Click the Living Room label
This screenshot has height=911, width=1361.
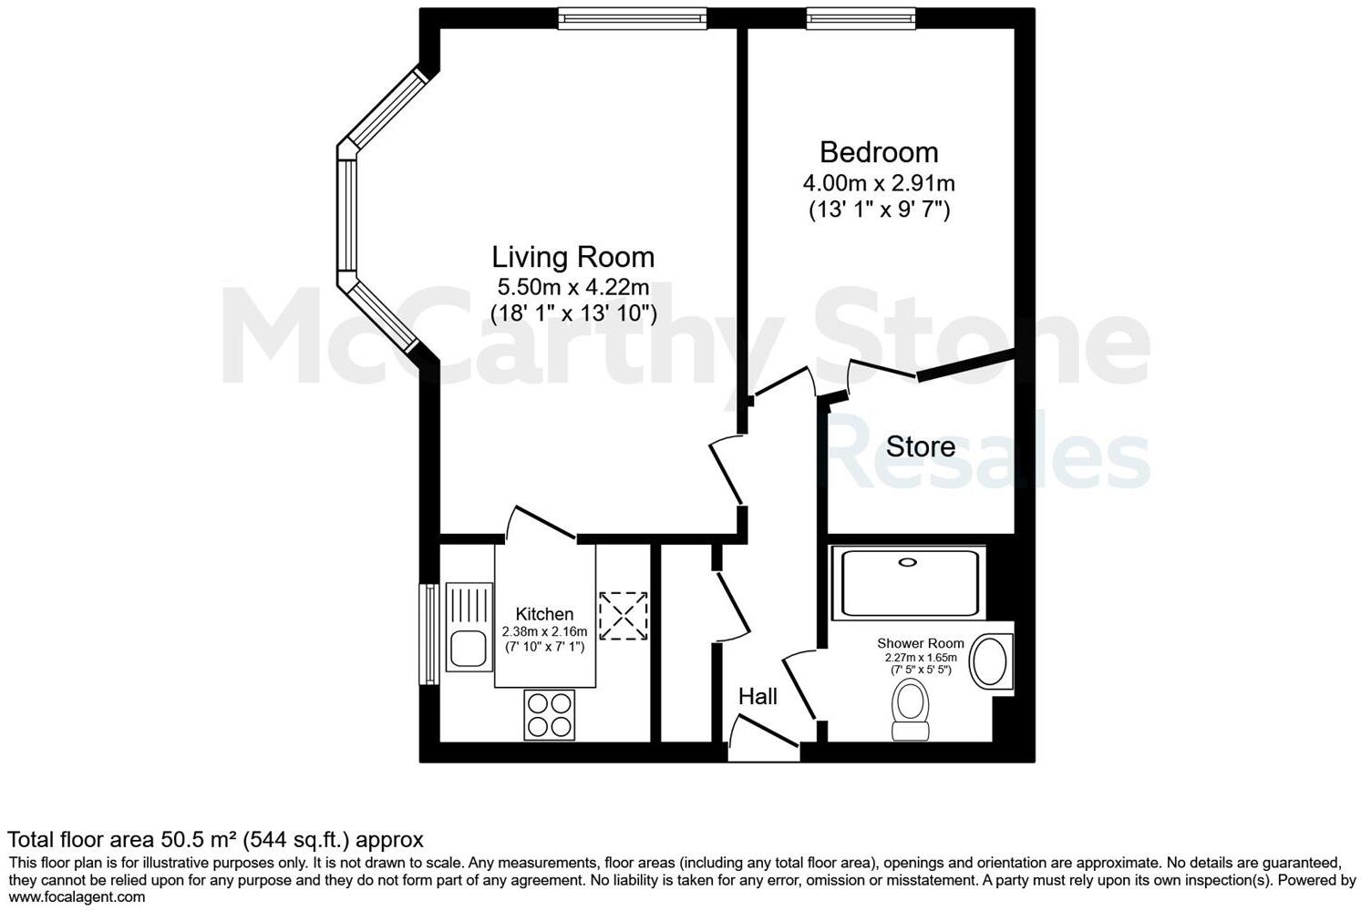point(572,257)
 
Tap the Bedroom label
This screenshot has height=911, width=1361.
point(879,152)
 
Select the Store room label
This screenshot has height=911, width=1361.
point(921,447)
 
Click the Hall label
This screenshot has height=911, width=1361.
point(758,697)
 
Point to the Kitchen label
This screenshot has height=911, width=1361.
point(544,614)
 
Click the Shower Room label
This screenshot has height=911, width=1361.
point(920,643)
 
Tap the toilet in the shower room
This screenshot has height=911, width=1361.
point(910,710)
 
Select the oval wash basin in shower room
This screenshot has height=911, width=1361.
point(988,661)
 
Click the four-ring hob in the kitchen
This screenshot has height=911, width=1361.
point(550,714)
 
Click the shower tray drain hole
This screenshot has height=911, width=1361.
point(907,563)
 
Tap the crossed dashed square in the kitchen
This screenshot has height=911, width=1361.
point(623,615)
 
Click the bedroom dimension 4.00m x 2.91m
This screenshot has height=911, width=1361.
point(879,183)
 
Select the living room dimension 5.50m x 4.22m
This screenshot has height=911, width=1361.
point(572,287)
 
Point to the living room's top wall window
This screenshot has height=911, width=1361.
point(633,17)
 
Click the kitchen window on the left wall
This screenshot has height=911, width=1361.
point(428,633)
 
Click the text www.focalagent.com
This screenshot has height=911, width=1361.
point(77,896)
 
